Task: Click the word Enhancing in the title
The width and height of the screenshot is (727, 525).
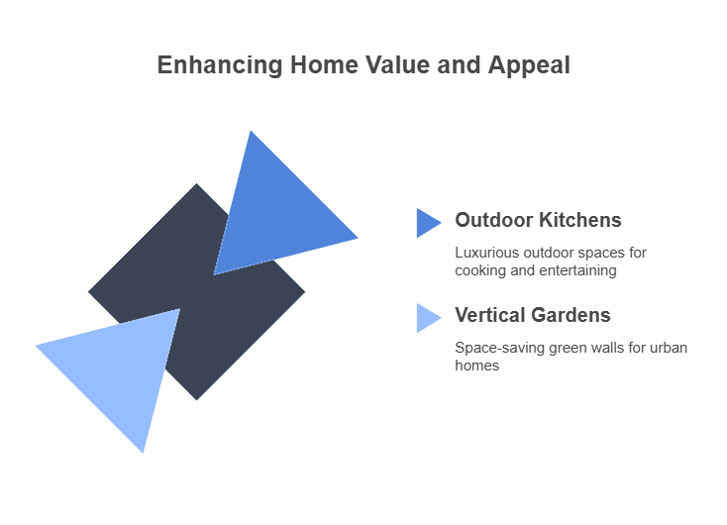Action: pyautogui.click(x=220, y=65)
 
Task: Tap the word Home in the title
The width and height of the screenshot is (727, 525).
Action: pyautogui.click(x=324, y=64)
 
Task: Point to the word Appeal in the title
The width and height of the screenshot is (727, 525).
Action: pyautogui.click(x=529, y=65)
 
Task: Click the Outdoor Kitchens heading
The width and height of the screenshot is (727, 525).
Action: pyautogui.click(x=538, y=220)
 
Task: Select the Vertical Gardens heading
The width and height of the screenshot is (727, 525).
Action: pyautogui.click(x=532, y=315)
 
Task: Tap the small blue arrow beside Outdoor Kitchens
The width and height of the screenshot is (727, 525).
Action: pyautogui.click(x=429, y=223)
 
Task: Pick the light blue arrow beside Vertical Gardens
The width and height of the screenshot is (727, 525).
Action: pyautogui.click(x=429, y=318)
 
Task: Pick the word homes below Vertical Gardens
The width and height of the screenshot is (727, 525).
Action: pyautogui.click(x=476, y=366)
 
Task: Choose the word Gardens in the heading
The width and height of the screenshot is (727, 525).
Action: pyautogui.click(x=571, y=315)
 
